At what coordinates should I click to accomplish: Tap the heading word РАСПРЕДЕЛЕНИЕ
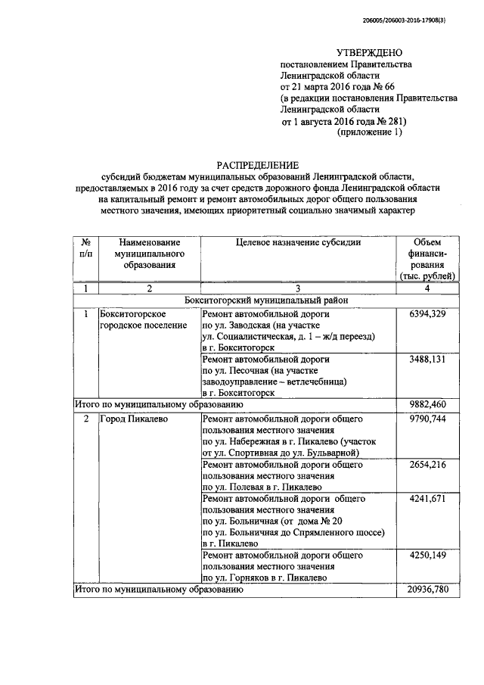point(257,163)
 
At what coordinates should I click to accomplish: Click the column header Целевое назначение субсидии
point(298,243)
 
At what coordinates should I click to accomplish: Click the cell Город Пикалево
point(133,417)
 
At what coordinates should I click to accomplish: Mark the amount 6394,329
point(427,313)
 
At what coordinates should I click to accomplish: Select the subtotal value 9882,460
point(427,405)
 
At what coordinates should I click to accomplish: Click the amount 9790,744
point(427,418)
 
